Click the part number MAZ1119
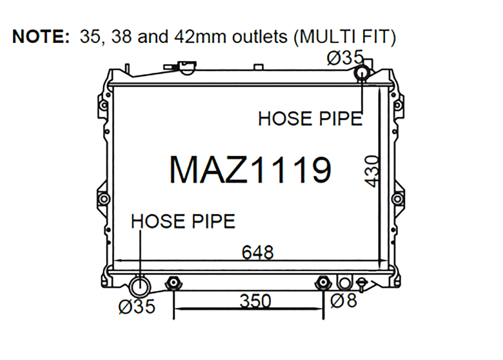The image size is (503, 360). point(250,170)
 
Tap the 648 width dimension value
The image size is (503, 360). point(257,252)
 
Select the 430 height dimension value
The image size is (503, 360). point(372,171)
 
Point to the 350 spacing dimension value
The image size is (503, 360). point(255,301)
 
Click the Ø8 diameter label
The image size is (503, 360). point(343,301)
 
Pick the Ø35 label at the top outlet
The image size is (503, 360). point(345,58)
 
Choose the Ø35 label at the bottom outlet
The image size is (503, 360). point(137,306)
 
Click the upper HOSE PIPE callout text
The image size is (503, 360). point(310,118)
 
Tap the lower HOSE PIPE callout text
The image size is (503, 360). point(183,222)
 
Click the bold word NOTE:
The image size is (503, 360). point(41,36)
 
